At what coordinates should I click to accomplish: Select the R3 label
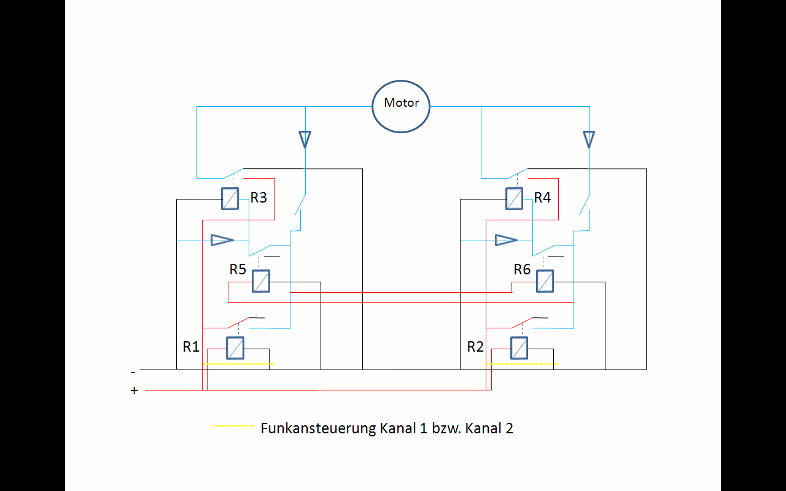pos(259,198)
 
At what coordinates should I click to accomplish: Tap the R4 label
pos(542,198)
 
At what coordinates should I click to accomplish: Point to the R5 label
pos(238,269)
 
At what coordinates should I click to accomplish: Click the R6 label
pos(522,269)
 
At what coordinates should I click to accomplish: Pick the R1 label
pos(191,347)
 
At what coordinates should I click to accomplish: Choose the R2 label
pos(475,347)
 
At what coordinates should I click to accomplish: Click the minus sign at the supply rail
pos(133,372)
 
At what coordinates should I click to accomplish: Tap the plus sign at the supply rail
pos(134,390)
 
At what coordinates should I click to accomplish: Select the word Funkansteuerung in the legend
pos(318,428)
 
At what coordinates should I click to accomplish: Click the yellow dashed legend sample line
pos(233,426)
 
